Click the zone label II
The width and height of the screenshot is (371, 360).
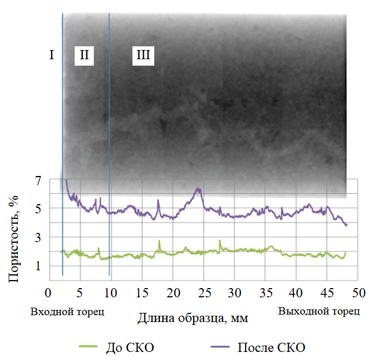tap(84, 55)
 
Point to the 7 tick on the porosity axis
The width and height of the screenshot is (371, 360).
tap(38, 180)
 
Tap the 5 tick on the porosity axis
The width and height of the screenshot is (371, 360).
tap(38, 208)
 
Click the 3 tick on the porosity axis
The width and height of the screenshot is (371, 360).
tap(38, 237)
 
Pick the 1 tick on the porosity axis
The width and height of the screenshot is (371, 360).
tap(38, 266)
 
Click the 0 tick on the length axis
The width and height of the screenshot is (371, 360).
tap(49, 293)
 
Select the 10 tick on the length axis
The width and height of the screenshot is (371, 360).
tap(110, 293)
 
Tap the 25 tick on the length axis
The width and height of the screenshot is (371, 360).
tap(204, 293)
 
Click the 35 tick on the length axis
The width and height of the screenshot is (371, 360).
tap(266, 293)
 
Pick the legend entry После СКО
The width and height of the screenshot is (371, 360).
tap(270, 347)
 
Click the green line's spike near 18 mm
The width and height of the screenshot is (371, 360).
tap(159, 241)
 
